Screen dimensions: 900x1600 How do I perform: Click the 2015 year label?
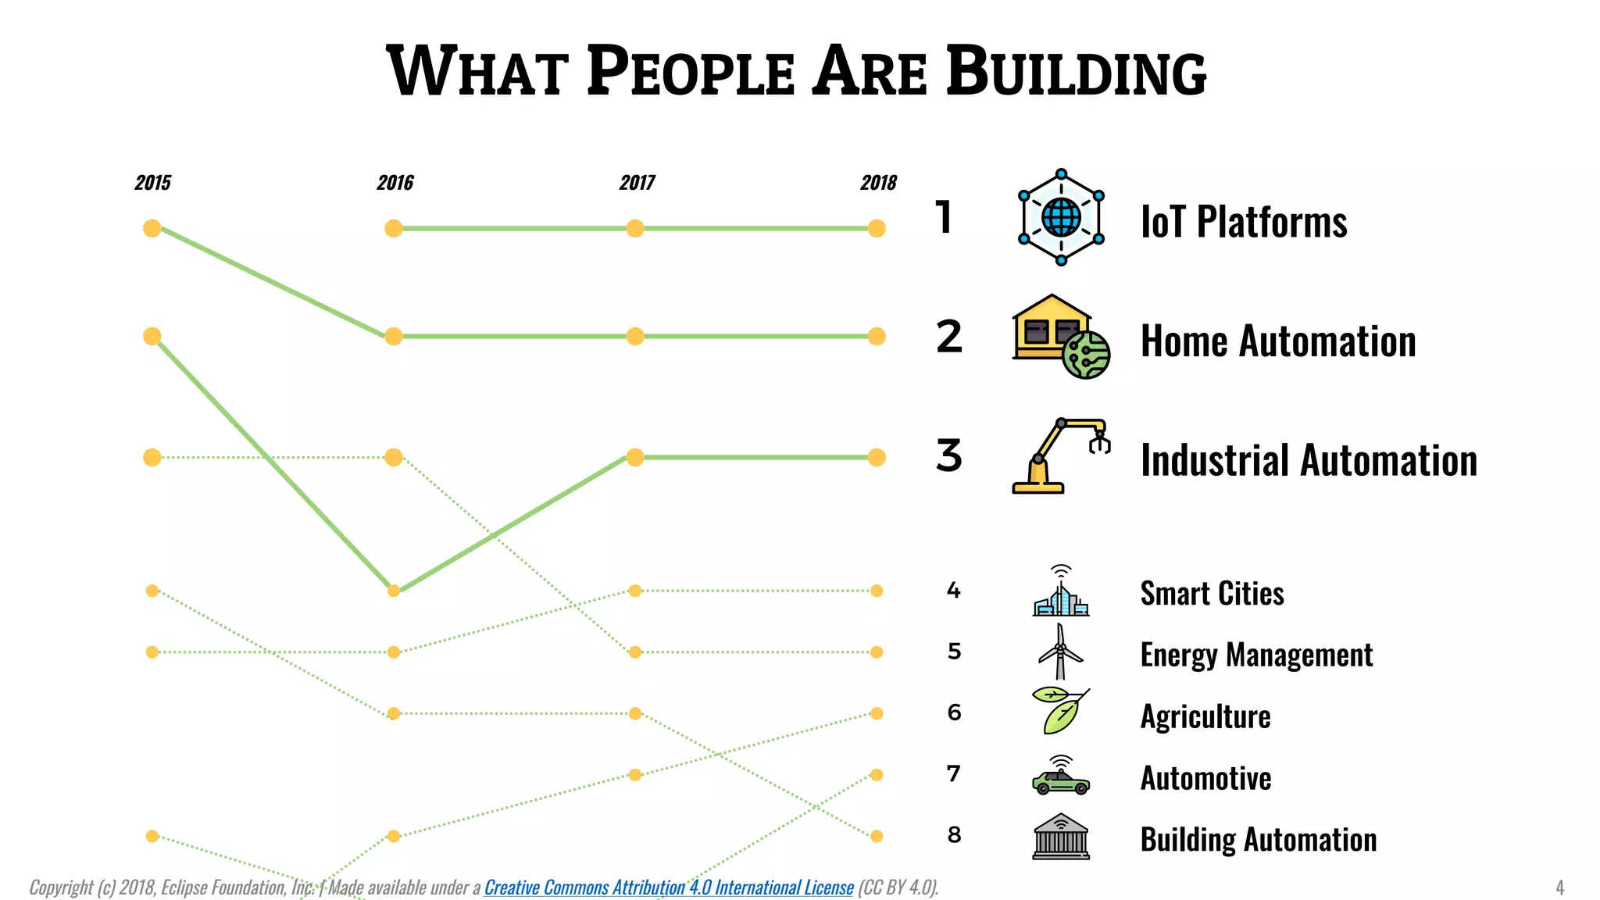[x=152, y=183]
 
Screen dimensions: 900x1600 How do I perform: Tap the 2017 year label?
[x=637, y=183]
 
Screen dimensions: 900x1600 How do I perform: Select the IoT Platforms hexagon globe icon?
[x=1061, y=217]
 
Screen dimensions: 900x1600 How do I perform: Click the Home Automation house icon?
[x=1060, y=337]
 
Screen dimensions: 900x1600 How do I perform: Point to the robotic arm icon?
[x=1060, y=456]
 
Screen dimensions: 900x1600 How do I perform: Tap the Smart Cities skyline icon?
[x=1060, y=591]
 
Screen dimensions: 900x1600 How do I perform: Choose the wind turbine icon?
[x=1060, y=652]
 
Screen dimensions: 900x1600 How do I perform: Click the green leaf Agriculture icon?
[x=1060, y=712]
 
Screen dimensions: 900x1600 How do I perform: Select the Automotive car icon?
[x=1060, y=776]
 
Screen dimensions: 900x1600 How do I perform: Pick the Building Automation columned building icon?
[x=1060, y=837]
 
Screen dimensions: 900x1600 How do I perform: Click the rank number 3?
[x=949, y=456]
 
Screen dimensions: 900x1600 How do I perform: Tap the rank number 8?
[x=954, y=835]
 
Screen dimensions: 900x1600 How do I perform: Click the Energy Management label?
[x=1255, y=655]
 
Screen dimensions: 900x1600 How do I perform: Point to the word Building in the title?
[x=1076, y=72]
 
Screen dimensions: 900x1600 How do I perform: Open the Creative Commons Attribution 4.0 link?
[x=668, y=887]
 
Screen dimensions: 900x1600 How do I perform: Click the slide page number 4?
[x=1559, y=887]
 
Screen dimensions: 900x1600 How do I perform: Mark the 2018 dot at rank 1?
[x=877, y=228]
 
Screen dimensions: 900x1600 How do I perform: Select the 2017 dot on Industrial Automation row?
[x=635, y=457]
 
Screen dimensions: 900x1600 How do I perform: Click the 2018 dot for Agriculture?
[x=877, y=713]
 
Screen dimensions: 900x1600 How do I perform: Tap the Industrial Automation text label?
[x=1309, y=460]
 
